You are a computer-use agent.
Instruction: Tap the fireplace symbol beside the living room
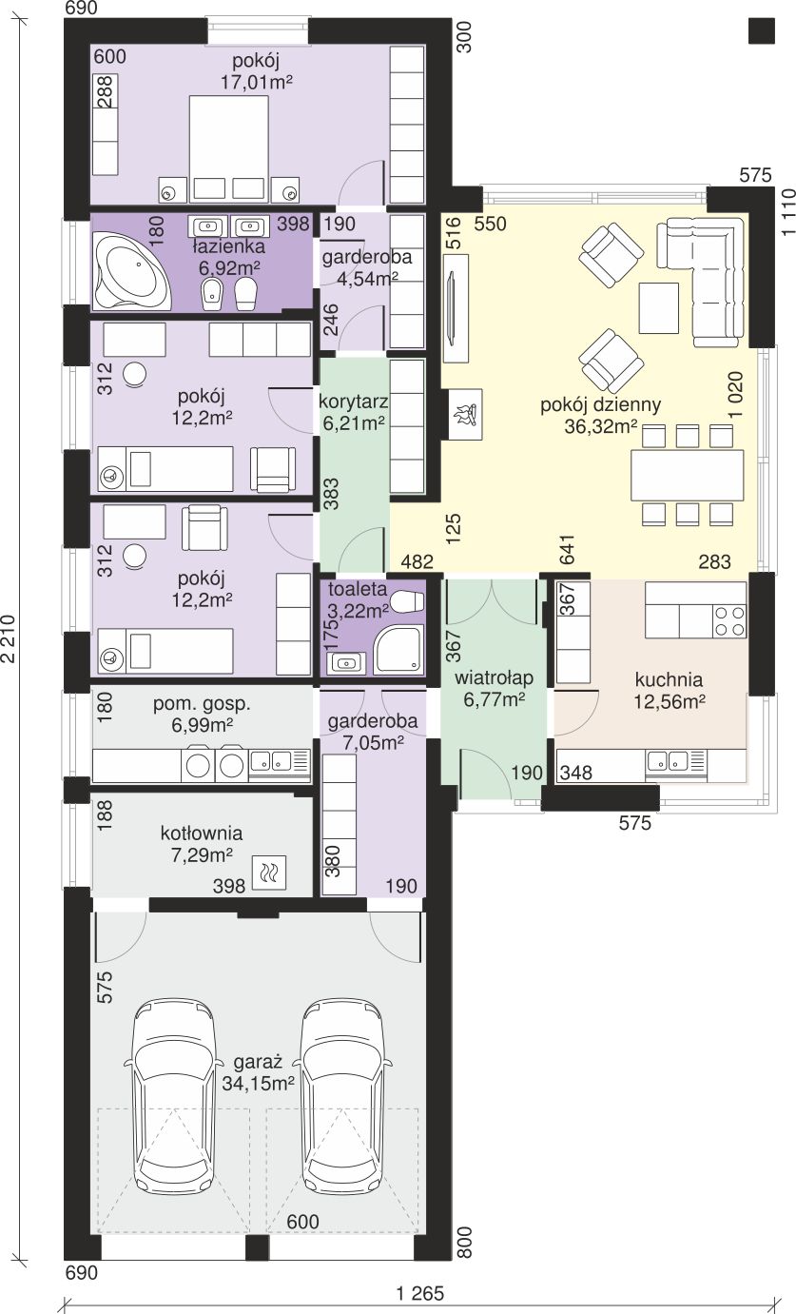[x=466, y=414]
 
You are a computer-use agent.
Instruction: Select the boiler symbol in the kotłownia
[x=269, y=873]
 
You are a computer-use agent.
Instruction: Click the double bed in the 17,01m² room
[x=228, y=149]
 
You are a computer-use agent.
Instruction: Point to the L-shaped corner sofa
[x=702, y=281]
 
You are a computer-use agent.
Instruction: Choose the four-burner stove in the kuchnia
[x=729, y=622]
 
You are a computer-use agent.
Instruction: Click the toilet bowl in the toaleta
[x=407, y=600]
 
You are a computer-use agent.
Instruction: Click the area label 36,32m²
[x=601, y=427]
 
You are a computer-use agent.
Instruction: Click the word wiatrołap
[x=495, y=678]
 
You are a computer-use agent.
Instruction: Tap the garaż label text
[x=258, y=1063]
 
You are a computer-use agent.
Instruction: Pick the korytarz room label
[x=354, y=402]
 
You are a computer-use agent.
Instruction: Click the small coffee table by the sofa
[x=659, y=307]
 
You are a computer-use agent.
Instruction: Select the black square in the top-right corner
[x=762, y=29]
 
